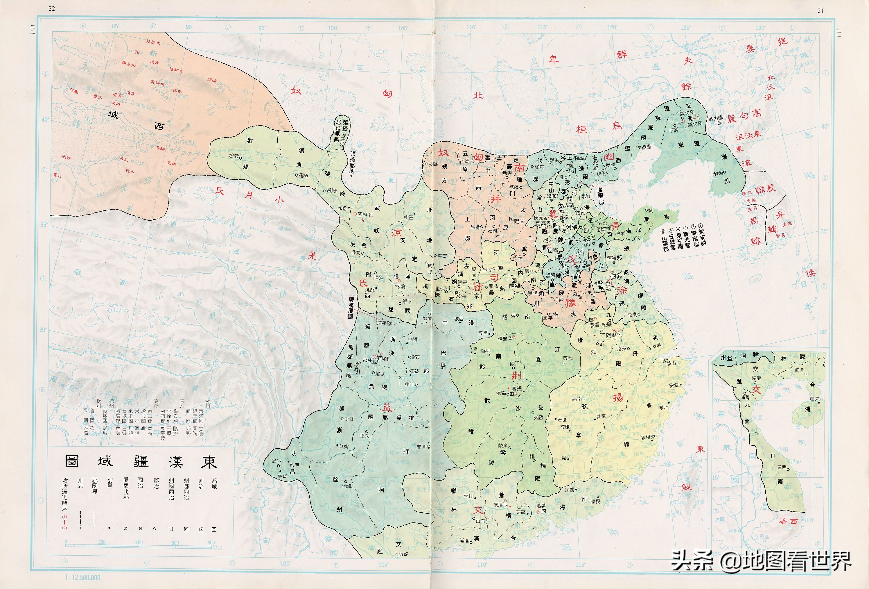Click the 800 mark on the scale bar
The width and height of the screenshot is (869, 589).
(211, 542)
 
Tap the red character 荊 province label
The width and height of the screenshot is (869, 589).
(516, 375)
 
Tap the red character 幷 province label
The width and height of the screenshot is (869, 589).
(495, 199)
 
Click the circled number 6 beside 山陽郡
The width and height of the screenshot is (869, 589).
(664, 231)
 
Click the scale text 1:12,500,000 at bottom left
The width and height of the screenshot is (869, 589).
(83, 577)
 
